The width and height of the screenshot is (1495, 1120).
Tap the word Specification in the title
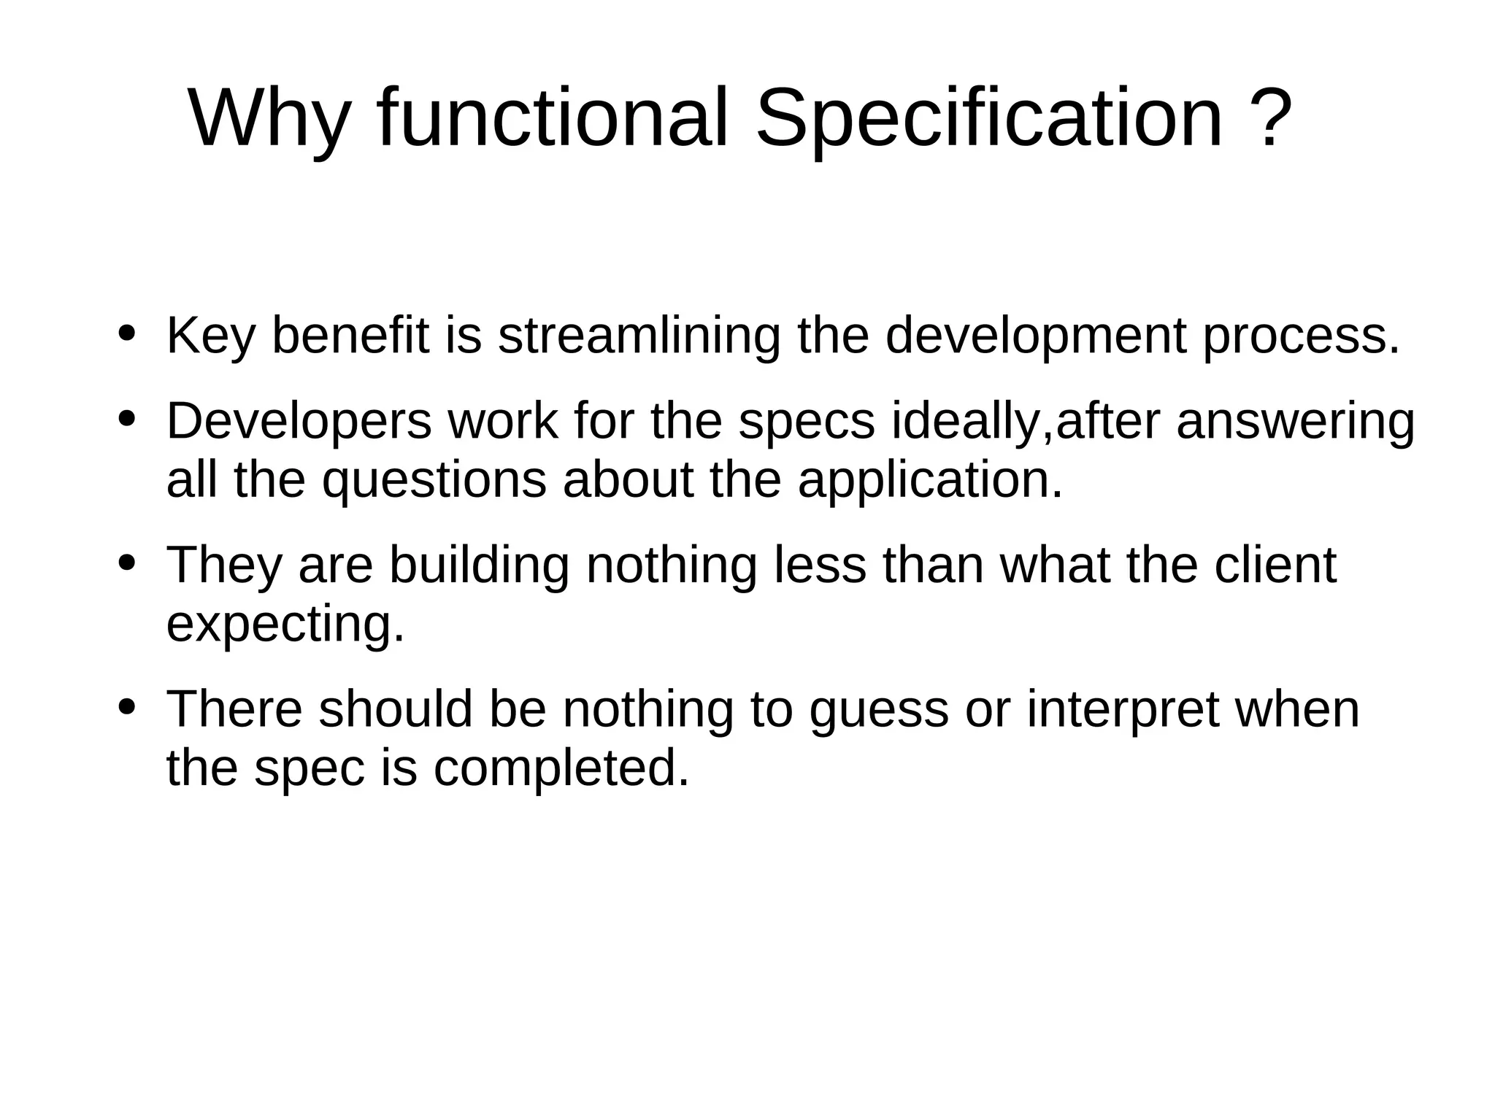point(988,119)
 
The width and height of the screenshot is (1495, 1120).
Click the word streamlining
point(639,336)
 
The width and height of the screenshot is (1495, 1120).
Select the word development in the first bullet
point(1036,336)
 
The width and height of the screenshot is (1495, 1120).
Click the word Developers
point(299,422)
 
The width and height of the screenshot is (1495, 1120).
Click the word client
point(1275,565)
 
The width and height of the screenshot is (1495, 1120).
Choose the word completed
point(561,769)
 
